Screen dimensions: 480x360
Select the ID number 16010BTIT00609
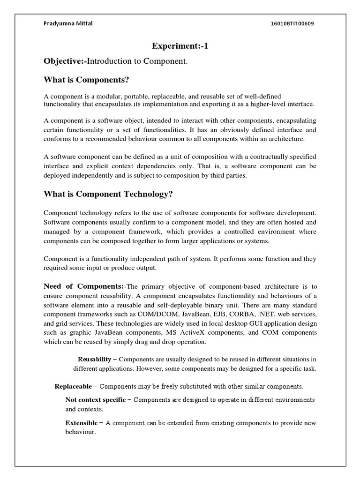[x=289, y=24]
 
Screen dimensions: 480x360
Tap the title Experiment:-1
[x=180, y=45]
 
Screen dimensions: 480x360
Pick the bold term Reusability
[x=94, y=359]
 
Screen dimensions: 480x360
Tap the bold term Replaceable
[x=74, y=387]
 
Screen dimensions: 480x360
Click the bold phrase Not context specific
[x=95, y=399]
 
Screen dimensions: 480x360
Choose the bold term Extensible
[x=81, y=423]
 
